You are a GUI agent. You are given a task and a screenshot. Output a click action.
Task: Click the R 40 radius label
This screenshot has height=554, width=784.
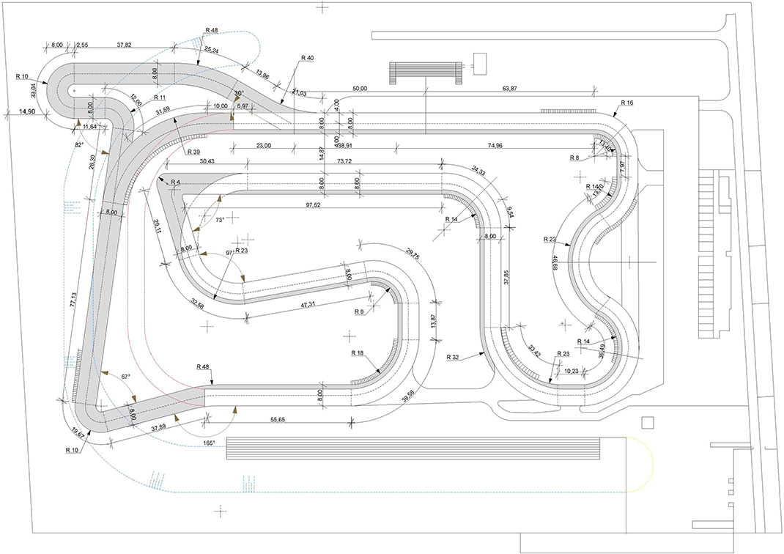pyautogui.click(x=307, y=58)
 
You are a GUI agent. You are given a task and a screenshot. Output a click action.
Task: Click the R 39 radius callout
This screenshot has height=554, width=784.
pyautogui.click(x=193, y=152)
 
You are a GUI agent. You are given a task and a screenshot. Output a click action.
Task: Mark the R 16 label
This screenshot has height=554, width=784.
pyautogui.click(x=626, y=103)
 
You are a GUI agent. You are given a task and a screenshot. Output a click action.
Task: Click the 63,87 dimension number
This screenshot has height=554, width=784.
pyautogui.click(x=511, y=89)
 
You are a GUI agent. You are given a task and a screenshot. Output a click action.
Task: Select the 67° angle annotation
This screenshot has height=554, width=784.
pyautogui.click(x=125, y=377)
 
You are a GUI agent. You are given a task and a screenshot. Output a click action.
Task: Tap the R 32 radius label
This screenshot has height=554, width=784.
pyautogui.click(x=453, y=358)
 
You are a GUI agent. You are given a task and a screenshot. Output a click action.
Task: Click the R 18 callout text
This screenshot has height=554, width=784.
pyautogui.click(x=358, y=353)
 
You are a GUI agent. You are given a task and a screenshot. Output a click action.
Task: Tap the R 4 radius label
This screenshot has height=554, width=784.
pyautogui.click(x=174, y=180)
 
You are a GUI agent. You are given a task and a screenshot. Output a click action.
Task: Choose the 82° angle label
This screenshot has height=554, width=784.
pyautogui.click(x=79, y=144)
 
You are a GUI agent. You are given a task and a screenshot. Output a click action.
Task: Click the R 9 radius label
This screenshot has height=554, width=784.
pyautogui.click(x=358, y=312)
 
